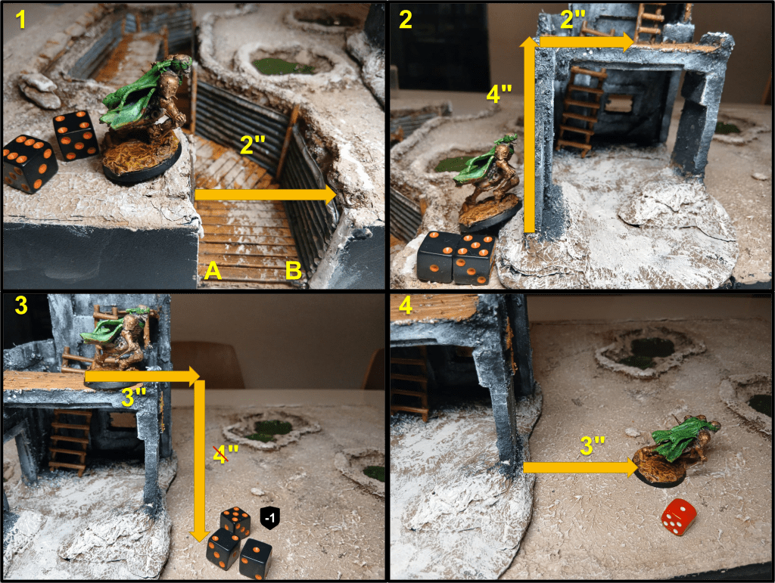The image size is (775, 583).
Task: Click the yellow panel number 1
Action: pos(20,20)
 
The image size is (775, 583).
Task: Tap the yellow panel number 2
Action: pos(406,20)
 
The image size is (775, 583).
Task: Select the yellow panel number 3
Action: pos(20,305)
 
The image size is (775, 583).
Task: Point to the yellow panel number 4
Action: pos(406,305)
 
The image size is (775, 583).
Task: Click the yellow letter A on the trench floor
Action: pos(213,271)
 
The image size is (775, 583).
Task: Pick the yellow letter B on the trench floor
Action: pos(294,271)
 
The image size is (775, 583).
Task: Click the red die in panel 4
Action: pos(679,516)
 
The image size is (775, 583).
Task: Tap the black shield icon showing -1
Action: pos(270,518)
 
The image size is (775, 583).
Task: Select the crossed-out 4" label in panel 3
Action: pos(226,454)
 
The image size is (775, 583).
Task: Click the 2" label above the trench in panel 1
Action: pos(253,144)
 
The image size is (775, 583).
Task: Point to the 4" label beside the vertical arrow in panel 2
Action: pos(500,94)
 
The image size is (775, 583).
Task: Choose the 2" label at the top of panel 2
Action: pos(574,20)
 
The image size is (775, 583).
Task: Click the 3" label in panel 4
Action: pos(593,445)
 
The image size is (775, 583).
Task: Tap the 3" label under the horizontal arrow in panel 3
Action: pos(134,398)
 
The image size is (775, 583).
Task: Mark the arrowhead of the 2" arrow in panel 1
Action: pos(332,194)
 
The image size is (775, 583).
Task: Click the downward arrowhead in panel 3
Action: pos(199,536)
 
